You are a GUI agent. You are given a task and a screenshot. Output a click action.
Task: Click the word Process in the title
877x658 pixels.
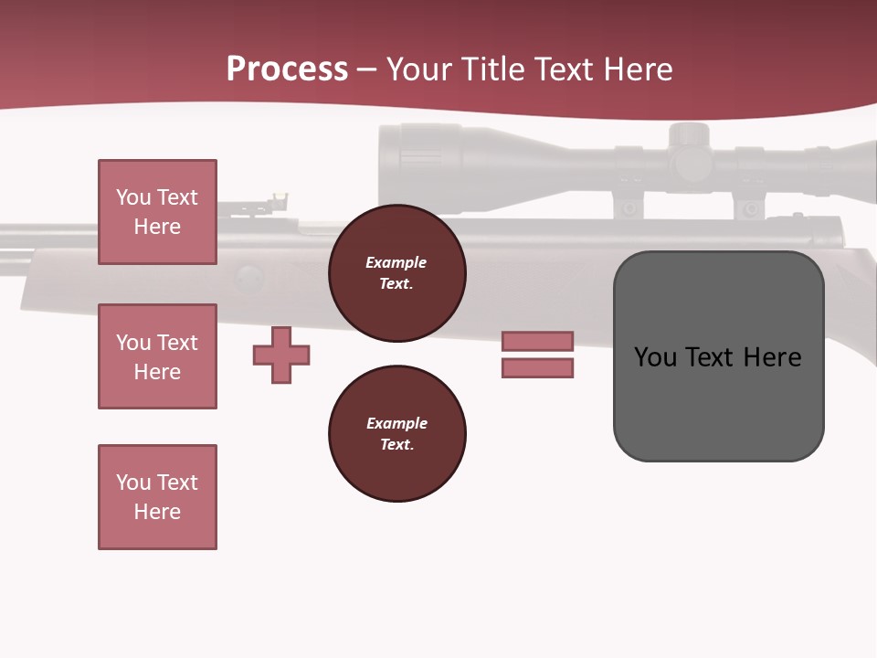pos(287,69)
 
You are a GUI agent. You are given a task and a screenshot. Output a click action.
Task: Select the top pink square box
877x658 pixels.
pos(157,212)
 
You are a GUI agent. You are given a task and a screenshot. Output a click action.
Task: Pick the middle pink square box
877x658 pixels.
pos(157,356)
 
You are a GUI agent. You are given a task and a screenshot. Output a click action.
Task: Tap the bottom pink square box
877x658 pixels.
pos(157,497)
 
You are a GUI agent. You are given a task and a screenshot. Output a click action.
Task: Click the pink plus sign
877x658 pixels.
pos(281,355)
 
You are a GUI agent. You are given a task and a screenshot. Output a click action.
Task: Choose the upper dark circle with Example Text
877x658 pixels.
pos(396,273)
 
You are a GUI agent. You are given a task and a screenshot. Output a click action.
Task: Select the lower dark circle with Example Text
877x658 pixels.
pos(396,434)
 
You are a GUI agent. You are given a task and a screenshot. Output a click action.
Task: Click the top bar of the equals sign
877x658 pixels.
pos(537,341)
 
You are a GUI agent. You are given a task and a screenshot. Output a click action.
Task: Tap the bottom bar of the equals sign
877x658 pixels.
pos(537,368)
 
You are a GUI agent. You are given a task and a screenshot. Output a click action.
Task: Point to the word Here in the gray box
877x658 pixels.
pos(772,356)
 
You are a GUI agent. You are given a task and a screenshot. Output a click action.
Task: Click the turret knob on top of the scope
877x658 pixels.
pos(688,137)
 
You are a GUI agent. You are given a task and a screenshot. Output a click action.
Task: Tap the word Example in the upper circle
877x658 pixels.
pos(396,262)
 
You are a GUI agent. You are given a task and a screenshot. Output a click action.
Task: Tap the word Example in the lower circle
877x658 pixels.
pos(396,423)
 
